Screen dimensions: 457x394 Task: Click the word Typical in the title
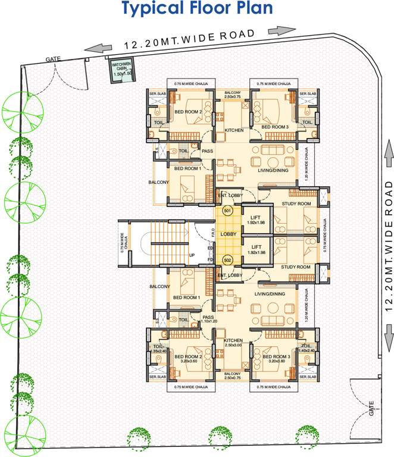click(x=152, y=9)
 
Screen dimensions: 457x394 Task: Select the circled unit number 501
click(x=227, y=210)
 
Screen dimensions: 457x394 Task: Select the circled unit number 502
click(x=227, y=260)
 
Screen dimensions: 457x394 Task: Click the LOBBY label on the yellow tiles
click(x=229, y=234)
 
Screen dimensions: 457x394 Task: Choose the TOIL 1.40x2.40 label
click(x=307, y=349)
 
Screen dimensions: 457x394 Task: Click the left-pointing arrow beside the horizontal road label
click(x=98, y=49)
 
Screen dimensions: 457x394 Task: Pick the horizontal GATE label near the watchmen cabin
click(x=53, y=60)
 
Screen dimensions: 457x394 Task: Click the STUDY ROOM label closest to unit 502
click(x=296, y=267)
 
